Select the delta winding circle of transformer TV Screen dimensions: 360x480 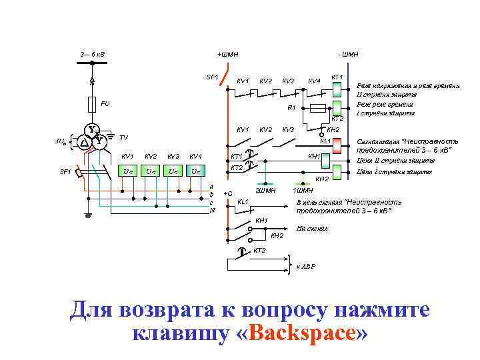[x=85, y=141]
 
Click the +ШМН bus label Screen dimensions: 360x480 [x=227, y=53]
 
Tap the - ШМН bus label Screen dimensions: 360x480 [x=347, y=53]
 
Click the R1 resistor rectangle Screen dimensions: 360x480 [x=318, y=107]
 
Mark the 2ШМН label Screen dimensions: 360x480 [x=266, y=191]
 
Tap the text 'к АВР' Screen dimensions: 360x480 [x=306, y=267]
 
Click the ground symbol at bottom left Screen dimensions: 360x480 [x=89, y=215]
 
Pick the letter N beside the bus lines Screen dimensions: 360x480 [x=212, y=210]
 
